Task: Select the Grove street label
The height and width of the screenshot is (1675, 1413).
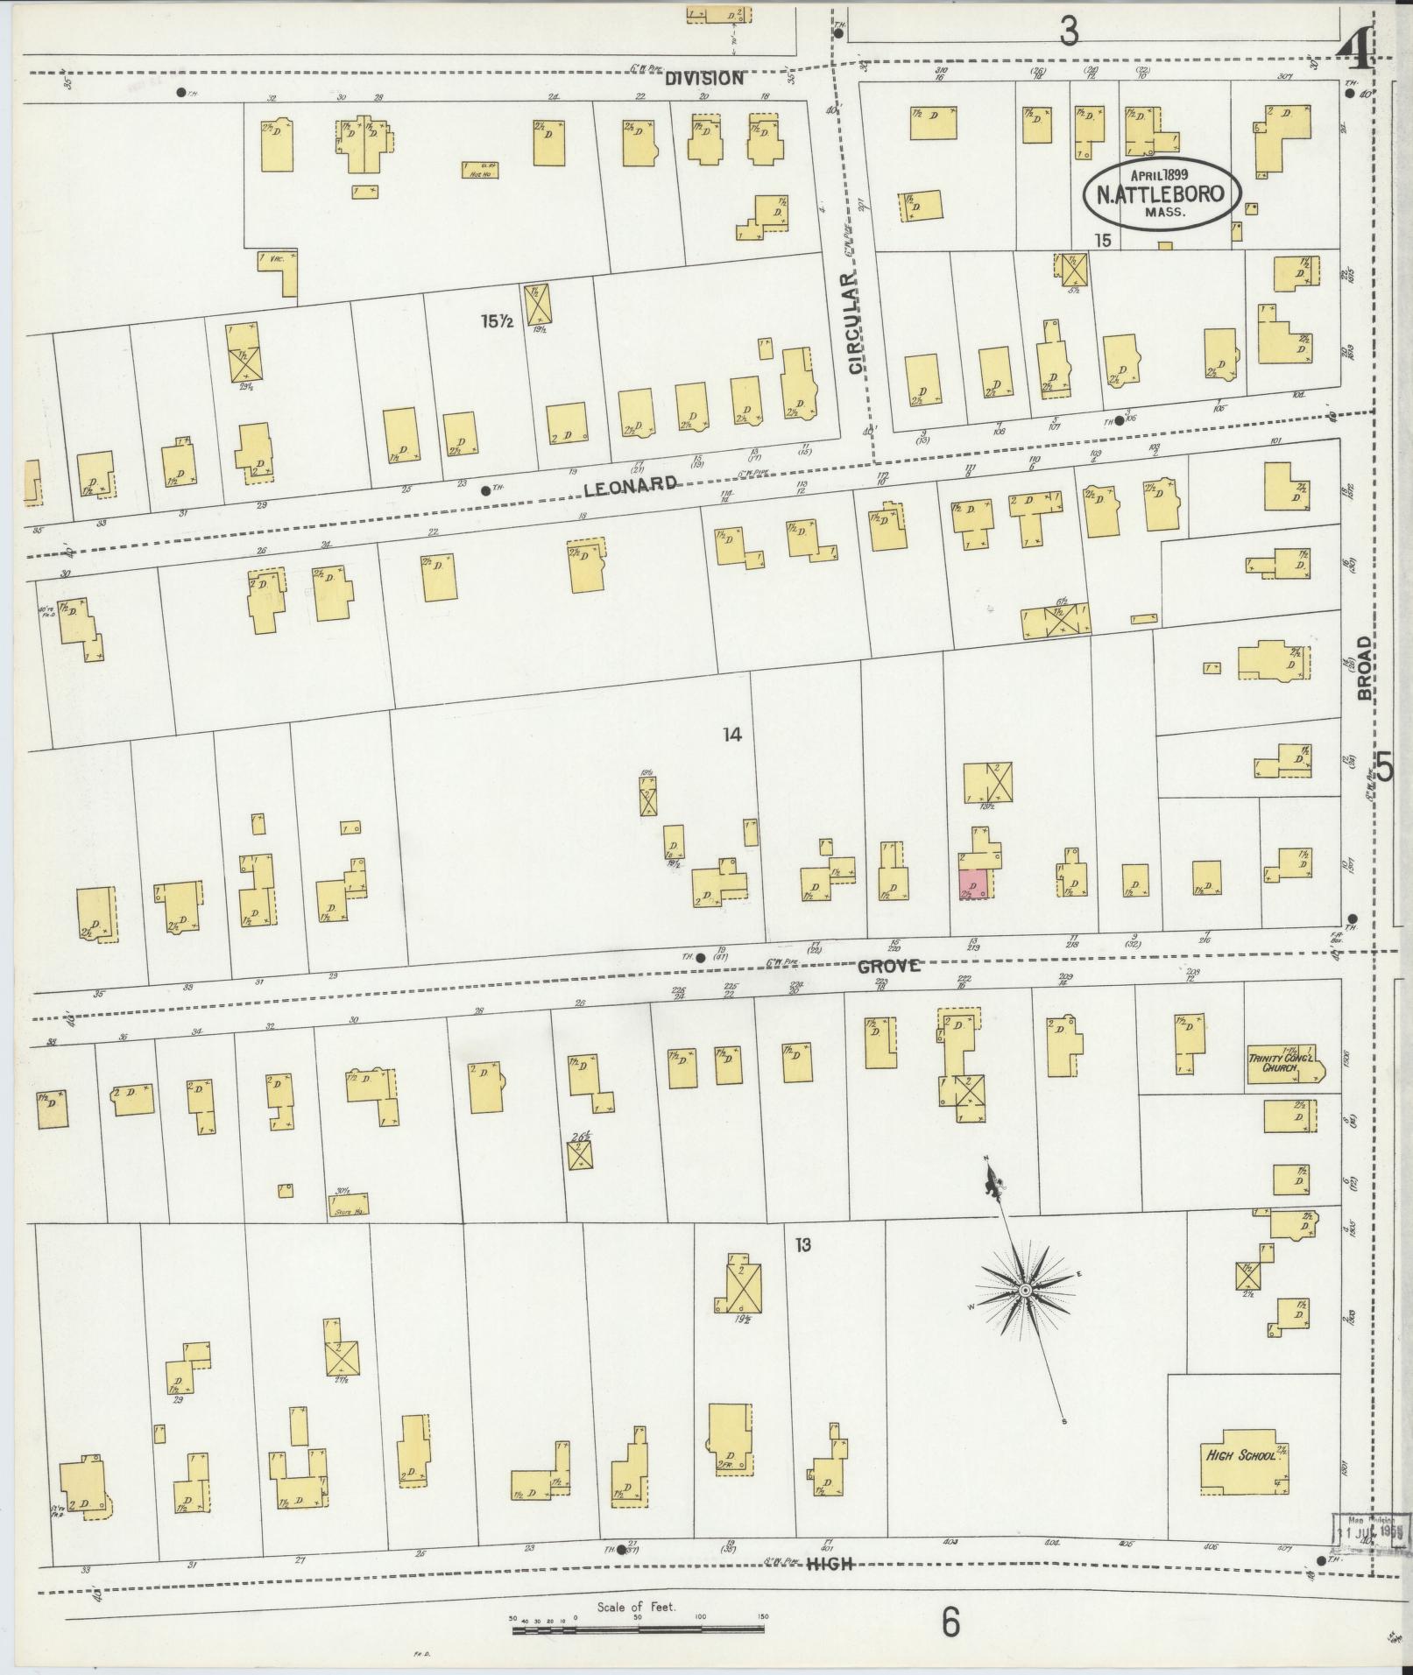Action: click(888, 966)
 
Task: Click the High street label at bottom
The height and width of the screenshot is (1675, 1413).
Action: click(828, 1564)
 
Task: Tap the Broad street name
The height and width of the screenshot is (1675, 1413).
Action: click(1364, 668)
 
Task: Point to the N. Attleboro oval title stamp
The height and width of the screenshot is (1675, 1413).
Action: click(1162, 194)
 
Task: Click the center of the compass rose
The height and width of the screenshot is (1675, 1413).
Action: click(1024, 1291)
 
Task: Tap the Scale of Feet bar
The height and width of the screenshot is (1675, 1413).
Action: click(638, 1630)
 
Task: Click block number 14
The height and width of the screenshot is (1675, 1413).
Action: click(732, 735)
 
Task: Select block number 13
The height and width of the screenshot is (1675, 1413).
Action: click(803, 1244)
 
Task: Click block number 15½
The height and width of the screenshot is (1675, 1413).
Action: click(495, 321)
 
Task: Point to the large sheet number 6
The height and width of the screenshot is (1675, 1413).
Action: click(950, 1622)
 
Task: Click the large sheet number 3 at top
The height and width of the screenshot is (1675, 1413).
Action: click(1068, 32)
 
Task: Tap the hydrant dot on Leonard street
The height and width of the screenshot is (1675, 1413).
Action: click(485, 491)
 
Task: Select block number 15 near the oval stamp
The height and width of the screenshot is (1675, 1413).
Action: click(1102, 239)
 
